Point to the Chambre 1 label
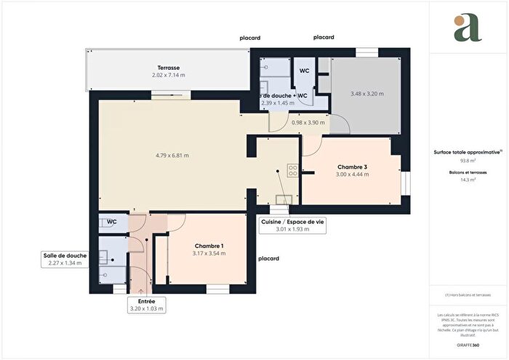tap(209, 245)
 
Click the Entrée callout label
tap(147, 300)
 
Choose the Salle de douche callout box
tap(65, 259)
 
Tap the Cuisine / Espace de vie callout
tap(292, 225)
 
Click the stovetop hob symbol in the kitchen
tap(292, 172)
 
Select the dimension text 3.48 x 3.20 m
tap(366, 94)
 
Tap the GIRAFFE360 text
tap(467, 342)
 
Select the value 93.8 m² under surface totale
tap(467, 162)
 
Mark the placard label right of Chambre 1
tap(268, 258)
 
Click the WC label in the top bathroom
tap(302, 71)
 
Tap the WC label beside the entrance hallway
tap(112, 222)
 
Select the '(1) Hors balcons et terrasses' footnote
tap(468, 295)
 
